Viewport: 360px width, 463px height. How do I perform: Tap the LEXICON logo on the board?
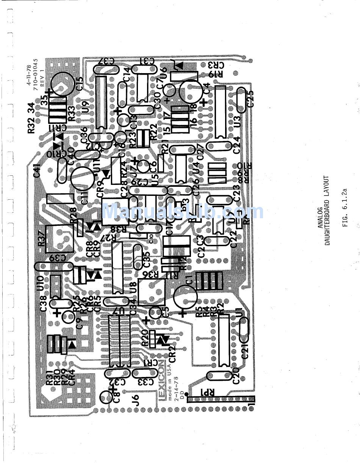point(161,380)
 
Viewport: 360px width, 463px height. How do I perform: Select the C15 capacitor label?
point(79,83)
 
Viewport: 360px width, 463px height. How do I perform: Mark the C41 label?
point(37,170)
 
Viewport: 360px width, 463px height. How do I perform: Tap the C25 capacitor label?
point(250,98)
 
